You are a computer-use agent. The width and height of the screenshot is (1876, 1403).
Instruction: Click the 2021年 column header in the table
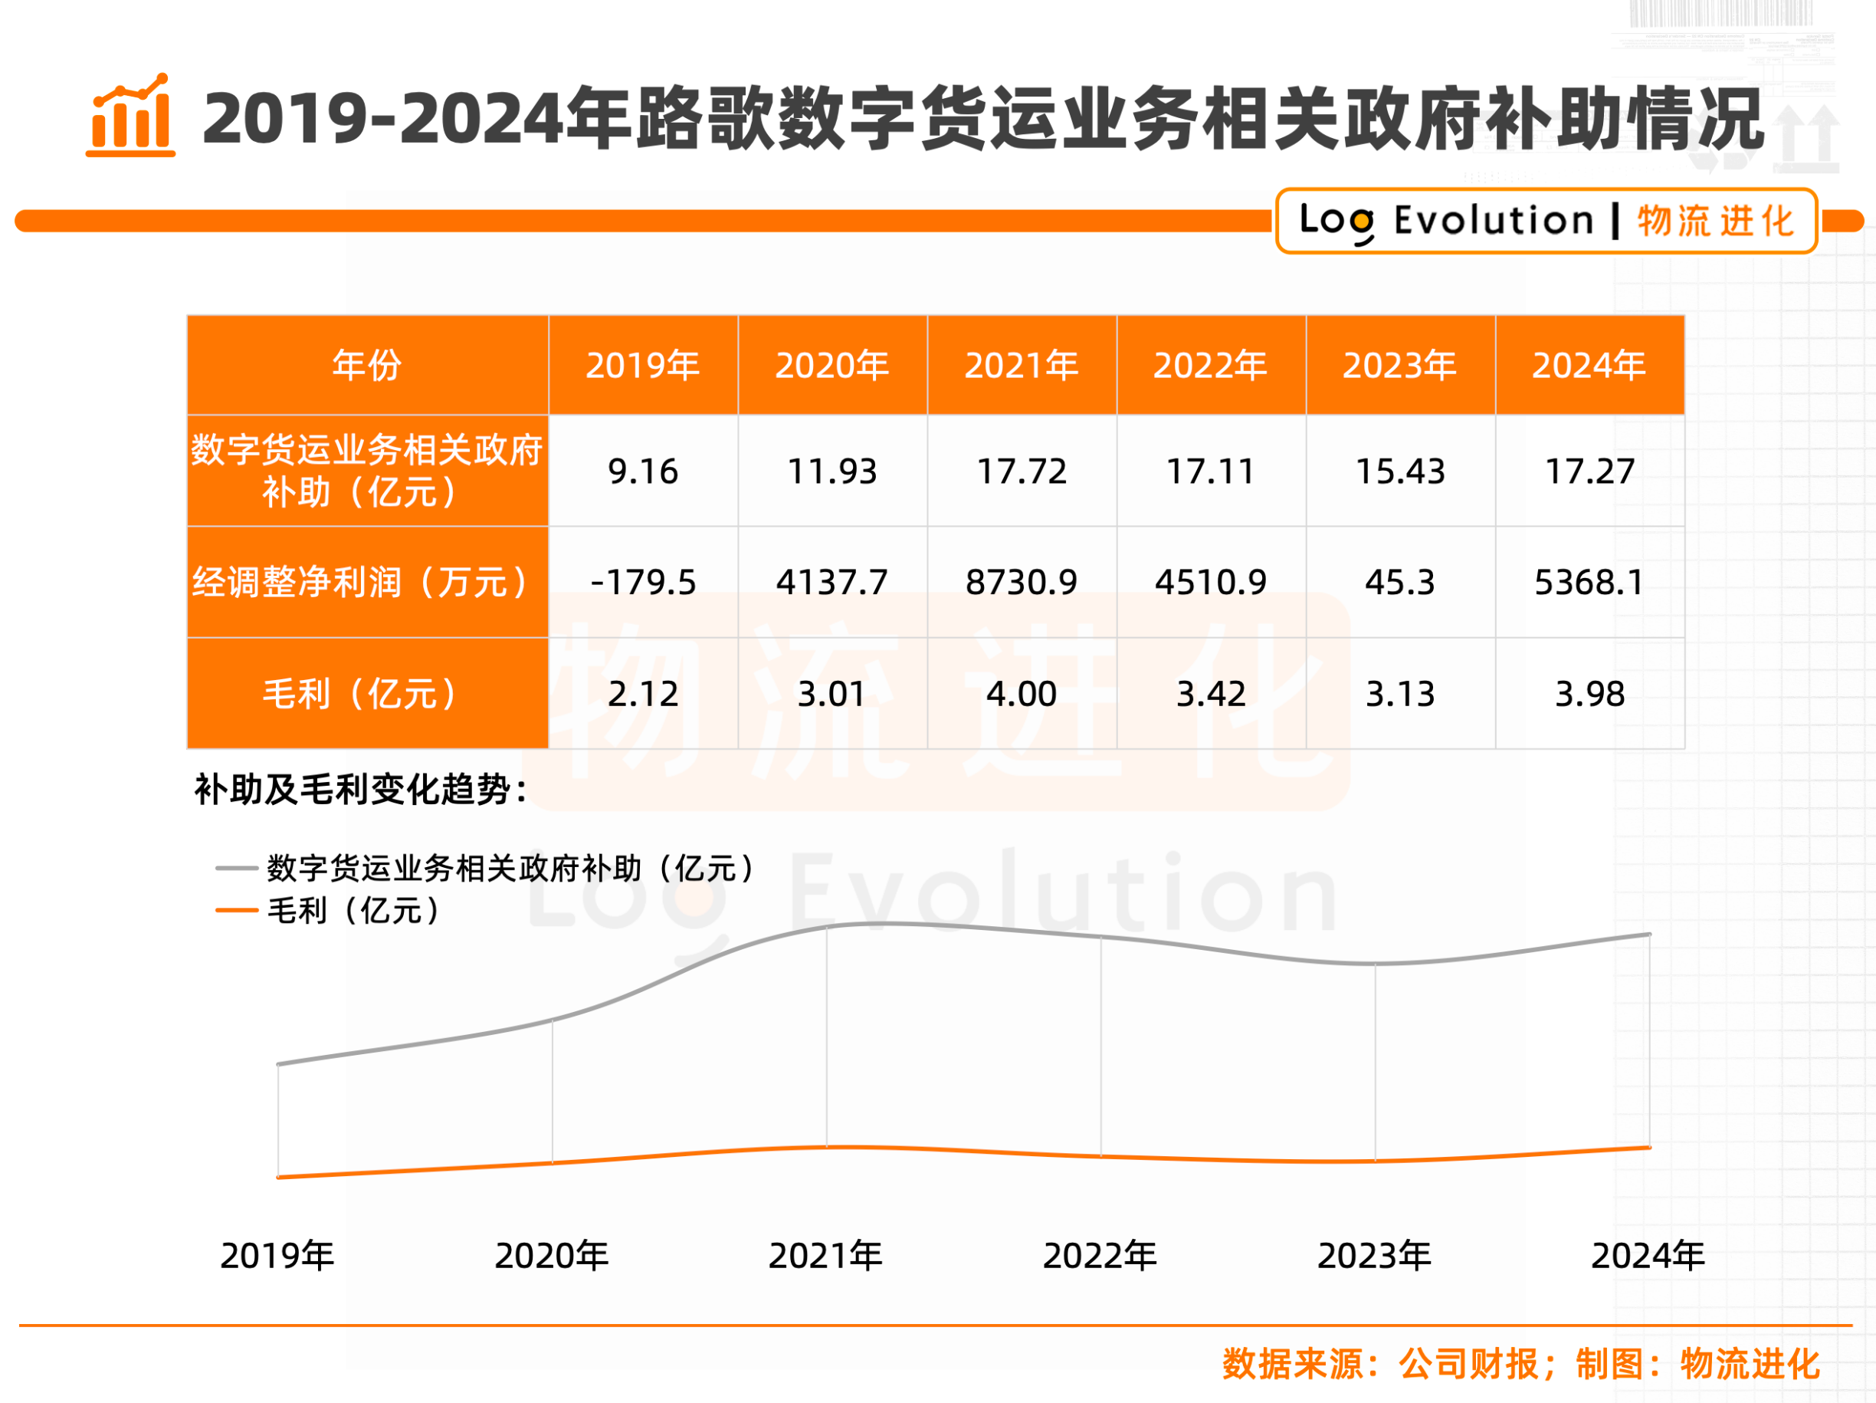pyautogui.click(x=1021, y=366)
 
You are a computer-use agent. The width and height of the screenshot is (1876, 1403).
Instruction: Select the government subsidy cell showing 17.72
pyautogui.click(x=1021, y=472)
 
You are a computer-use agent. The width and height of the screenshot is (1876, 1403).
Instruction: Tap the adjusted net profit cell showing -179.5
pyautogui.click(x=643, y=583)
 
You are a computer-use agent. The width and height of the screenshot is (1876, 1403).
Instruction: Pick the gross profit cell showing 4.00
pyautogui.click(x=1021, y=694)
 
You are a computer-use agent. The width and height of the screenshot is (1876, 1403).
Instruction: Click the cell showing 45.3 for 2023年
pyautogui.click(x=1399, y=583)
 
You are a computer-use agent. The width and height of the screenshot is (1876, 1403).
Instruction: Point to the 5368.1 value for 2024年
pyautogui.click(x=1589, y=583)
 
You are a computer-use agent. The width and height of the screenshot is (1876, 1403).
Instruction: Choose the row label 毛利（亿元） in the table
pyautogui.click(x=366, y=694)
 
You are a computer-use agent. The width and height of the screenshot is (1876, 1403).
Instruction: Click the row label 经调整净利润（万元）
pyautogui.click(x=366, y=583)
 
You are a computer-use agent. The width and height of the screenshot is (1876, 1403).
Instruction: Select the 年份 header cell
pyautogui.click(x=366, y=366)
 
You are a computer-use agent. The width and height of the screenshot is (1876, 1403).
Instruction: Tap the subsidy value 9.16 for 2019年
pyautogui.click(x=643, y=472)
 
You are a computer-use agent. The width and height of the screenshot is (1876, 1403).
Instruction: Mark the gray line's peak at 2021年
pyautogui.click(x=827, y=925)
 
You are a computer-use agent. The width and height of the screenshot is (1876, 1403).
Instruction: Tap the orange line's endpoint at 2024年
pyautogui.click(x=1648, y=1148)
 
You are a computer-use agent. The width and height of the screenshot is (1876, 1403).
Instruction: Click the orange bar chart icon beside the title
pyautogui.click(x=130, y=117)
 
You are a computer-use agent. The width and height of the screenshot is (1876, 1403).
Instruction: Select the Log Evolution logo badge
pyautogui.click(x=1546, y=222)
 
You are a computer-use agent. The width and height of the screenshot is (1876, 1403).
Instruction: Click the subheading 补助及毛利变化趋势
pyautogui.click(x=360, y=790)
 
